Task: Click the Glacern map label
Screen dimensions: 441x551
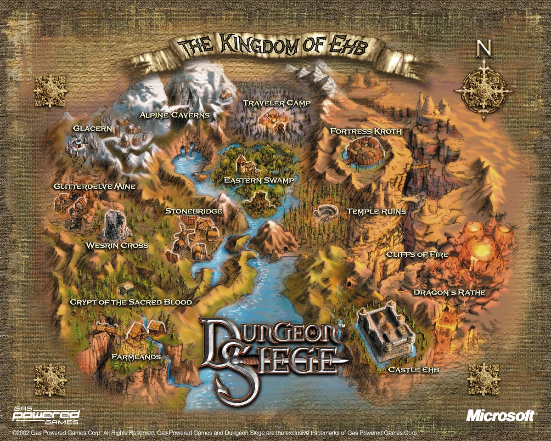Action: coord(92,129)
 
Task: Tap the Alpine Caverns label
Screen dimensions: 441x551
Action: coord(174,115)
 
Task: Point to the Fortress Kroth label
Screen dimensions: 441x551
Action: coord(365,131)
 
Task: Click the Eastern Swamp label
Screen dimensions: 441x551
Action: coord(259,181)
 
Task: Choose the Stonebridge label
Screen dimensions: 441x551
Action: coord(194,211)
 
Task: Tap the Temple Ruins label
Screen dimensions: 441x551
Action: coord(376,212)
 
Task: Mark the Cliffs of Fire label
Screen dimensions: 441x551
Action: coord(417,254)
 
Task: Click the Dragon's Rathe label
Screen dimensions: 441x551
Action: coord(449,292)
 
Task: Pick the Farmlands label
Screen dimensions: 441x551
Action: coord(136,356)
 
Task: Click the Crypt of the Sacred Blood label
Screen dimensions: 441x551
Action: coord(130,302)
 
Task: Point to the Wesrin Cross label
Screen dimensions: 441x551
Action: coord(117,245)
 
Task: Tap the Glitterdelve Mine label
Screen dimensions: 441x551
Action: coord(94,187)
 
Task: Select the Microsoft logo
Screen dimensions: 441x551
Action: coord(500,416)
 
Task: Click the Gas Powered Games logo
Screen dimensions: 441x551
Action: coord(46,416)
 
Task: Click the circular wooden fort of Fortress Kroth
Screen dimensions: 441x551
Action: coord(363,151)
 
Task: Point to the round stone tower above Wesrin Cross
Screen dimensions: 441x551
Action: coord(115,224)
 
